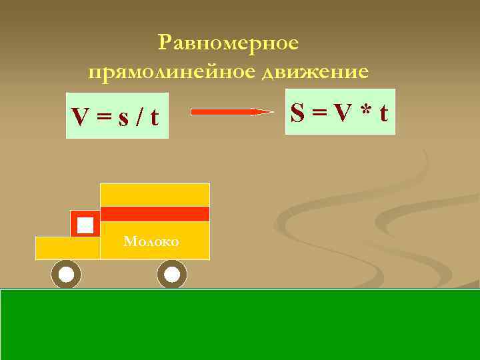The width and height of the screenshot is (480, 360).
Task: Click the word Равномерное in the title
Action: [x=229, y=43]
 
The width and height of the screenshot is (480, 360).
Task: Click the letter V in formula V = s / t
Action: [x=81, y=118]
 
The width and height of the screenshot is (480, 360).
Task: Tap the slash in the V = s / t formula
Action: [x=139, y=118]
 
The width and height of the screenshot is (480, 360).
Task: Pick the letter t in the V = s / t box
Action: [x=154, y=118]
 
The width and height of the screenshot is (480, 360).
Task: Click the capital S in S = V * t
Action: [x=299, y=112]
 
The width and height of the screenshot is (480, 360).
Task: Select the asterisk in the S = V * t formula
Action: [x=363, y=112]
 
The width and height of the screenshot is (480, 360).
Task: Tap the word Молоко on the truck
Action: [x=151, y=241]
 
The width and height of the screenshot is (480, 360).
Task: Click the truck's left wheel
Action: [x=66, y=274]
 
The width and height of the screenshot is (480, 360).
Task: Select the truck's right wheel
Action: [x=172, y=274]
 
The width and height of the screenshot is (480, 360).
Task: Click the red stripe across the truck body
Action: [x=155, y=214]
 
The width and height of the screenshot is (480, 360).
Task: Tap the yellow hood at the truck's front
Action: [x=67, y=248]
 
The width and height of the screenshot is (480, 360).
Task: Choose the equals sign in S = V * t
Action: [x=319, y=113]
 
